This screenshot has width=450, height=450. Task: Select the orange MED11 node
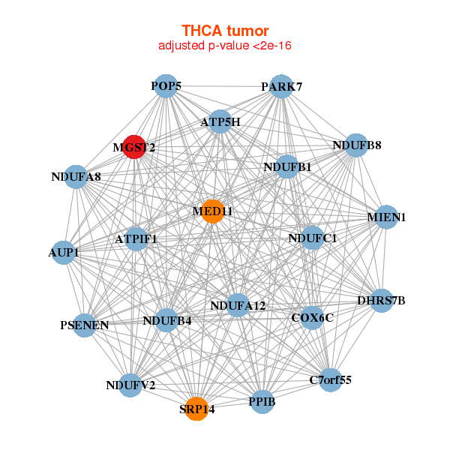(x=213, y=211)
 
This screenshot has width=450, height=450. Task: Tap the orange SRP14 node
(x=196, y=409)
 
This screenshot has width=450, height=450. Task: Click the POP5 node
(x=165, y=86)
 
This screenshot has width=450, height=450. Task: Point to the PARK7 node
(x=280, y=86)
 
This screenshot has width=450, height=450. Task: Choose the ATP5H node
(x=220, y=121)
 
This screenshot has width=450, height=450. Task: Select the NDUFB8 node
(x=355, y=145)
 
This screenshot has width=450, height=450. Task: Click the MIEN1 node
(x=386, y=217)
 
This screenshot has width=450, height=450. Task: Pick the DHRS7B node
(x=381, y=301)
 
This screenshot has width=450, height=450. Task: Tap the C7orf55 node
(x=330, y=380)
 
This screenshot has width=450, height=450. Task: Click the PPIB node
(x=262, y=402)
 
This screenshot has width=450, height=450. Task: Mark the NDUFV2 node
(x=131, y=385)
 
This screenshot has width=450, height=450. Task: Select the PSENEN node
(x=85, y=325)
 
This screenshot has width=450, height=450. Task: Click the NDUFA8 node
(x=76, y=177)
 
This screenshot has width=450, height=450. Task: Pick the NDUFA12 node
(x=237, y=305)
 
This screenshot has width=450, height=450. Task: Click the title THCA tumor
(x=225, y=31)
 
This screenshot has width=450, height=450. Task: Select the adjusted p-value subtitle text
(x=225, y=46)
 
